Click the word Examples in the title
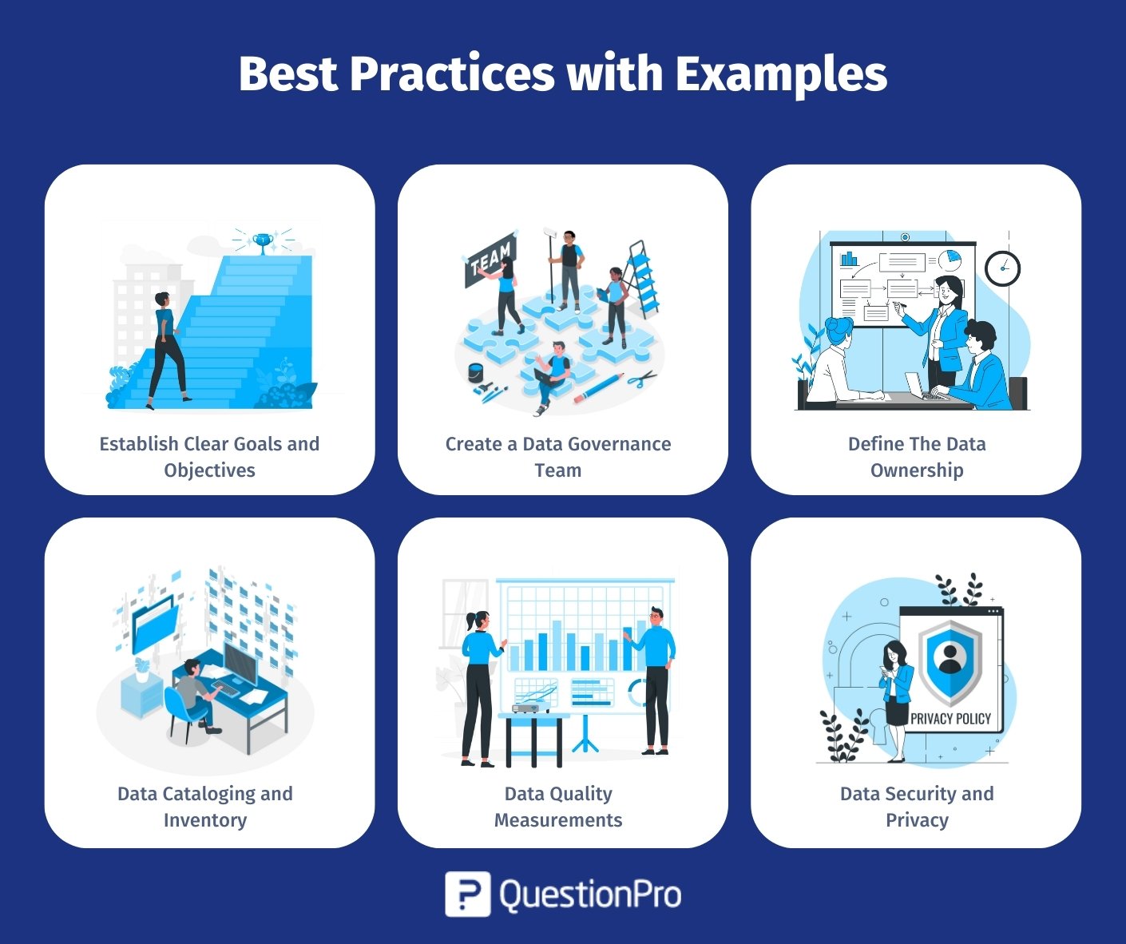click(x=781, y=74)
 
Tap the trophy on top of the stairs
click(x=263, y=242)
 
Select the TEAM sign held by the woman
click(x=490, y=260)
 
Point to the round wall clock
click(x=1002, y=268)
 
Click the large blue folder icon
click(x=155, y=625)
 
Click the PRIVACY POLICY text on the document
click(x=950, y=719)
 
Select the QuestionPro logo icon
click(x=467, y=894)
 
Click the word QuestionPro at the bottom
click(x=590, y=894)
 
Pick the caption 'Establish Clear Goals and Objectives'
click(x=209, y=457)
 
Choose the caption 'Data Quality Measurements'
click(x=558, y=807)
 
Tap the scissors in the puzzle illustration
click(x=642, y=378)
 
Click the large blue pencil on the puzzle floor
click(x=599, y=388)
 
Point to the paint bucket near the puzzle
click(x=475, y=371)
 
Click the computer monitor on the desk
click(x=240, y=663)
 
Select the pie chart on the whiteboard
click(x=950, y=260)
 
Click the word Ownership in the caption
click(x=917, y=470)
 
